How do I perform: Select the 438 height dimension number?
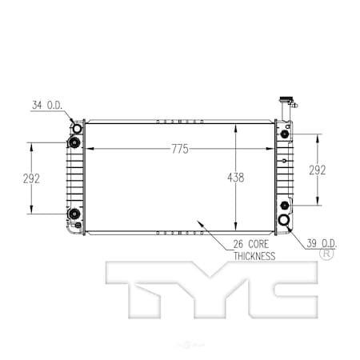[234, 177]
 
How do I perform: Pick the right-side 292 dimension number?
[318, 170]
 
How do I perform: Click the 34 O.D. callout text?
[47, 104]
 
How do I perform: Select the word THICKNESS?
[254, 256]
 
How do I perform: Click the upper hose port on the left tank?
[77, 129]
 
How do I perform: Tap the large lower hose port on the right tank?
[284, 221]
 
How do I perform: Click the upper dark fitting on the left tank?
[74, 143]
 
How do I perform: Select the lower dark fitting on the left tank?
[74, 213]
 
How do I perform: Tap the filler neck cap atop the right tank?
[284, 102]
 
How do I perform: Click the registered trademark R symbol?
[326, 254]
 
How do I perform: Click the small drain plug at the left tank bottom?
[78, 226]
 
